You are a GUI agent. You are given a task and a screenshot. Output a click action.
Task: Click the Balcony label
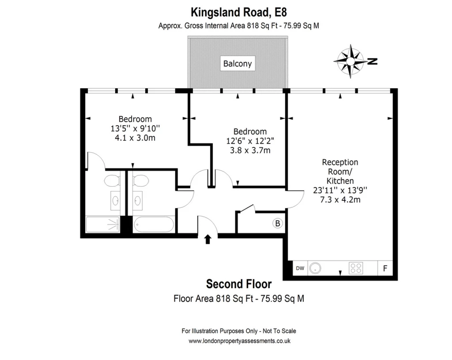237,64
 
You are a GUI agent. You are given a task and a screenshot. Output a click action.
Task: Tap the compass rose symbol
350,61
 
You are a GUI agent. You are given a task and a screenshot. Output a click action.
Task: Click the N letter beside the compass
373,61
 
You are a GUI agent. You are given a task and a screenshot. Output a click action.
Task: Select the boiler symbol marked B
278,223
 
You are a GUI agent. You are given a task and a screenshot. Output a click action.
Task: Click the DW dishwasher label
300,268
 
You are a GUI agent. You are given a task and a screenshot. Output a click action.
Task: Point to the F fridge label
385,268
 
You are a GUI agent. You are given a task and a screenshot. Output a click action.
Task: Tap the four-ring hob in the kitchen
356,268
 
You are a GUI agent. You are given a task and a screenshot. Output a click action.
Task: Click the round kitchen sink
315,268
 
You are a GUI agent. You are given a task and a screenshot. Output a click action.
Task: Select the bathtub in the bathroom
154,225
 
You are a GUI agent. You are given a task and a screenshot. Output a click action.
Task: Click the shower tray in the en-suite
102,225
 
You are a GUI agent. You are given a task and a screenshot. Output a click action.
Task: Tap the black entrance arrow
207,240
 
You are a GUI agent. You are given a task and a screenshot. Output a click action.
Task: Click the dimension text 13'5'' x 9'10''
135,128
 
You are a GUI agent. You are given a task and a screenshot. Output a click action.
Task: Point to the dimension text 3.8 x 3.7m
250,150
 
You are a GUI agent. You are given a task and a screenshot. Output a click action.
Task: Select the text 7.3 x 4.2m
340,199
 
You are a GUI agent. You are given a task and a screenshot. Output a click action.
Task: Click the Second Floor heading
239,284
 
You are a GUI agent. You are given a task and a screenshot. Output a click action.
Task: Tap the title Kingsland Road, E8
239,12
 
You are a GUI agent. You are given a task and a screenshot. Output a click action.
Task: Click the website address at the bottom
239,341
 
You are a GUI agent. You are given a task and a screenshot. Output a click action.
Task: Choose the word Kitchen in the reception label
340,181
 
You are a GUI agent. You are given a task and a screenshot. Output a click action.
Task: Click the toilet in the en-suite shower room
112,181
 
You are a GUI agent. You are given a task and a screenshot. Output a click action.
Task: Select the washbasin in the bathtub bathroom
138,200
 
